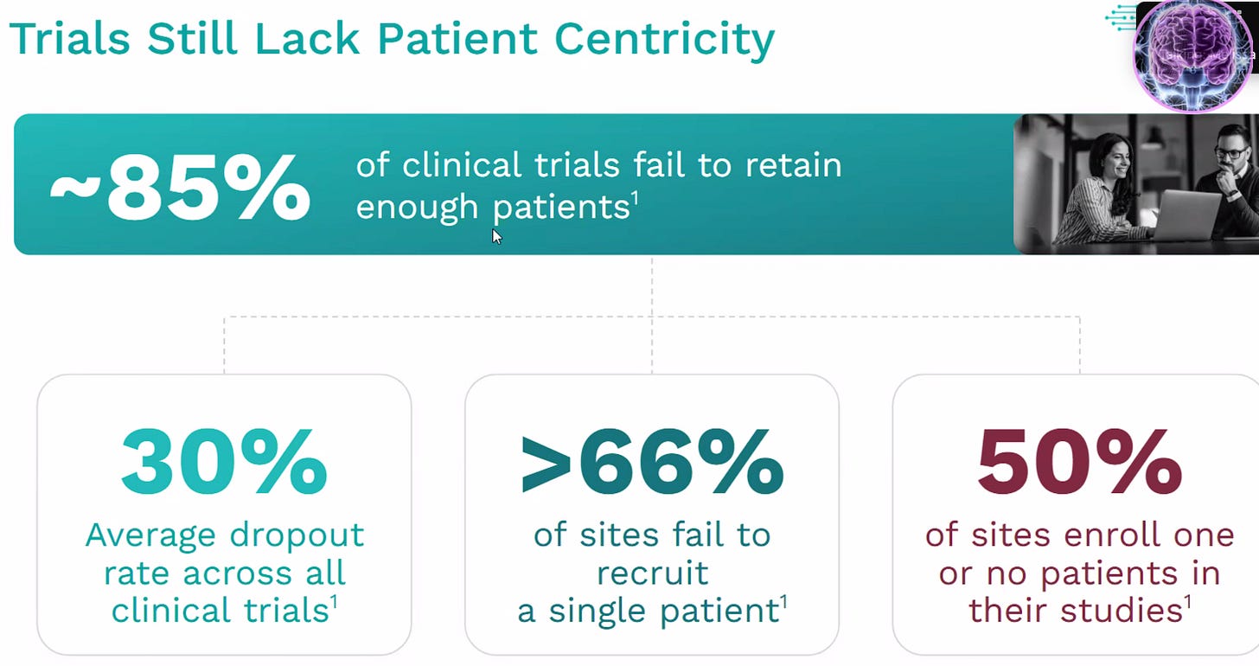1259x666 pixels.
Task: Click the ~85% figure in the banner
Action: point(179,185)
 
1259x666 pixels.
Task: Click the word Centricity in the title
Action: point(664,39)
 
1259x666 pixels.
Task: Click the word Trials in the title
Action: point(68,39)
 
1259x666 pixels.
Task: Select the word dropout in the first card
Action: point(295,535)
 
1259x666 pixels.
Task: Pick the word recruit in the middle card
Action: point(652,573)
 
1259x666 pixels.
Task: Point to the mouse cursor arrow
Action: point(496,236)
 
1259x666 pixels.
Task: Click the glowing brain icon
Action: point(1192,54)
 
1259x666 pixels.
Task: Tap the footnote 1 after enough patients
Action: point(635,199)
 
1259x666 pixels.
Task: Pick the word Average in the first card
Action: point(151,535)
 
